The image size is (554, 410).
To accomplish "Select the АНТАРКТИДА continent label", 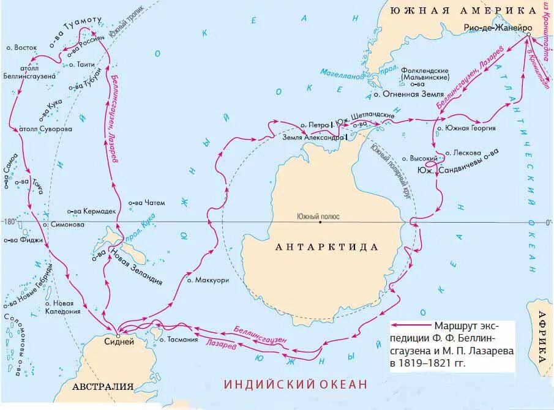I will pos(327,247).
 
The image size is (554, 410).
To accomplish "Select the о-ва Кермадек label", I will pos(91,211).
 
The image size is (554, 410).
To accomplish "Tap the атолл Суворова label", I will pos(45,129).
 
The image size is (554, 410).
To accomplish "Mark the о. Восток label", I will pos(21,47).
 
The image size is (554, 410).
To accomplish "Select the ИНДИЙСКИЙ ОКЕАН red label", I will pos(296,384).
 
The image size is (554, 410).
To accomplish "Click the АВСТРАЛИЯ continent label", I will pos(103,387).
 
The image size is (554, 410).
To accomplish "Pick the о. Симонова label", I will pos(64,225).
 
